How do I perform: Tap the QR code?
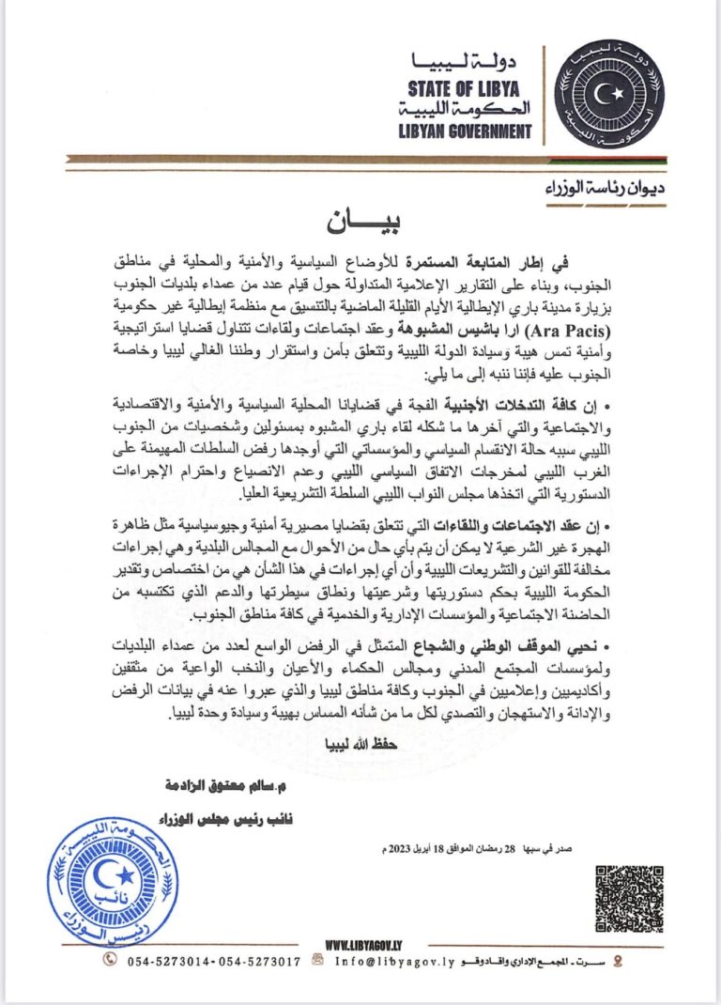point(629,898)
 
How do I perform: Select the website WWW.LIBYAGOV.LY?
point(364,943)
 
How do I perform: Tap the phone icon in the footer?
point(111,960)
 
